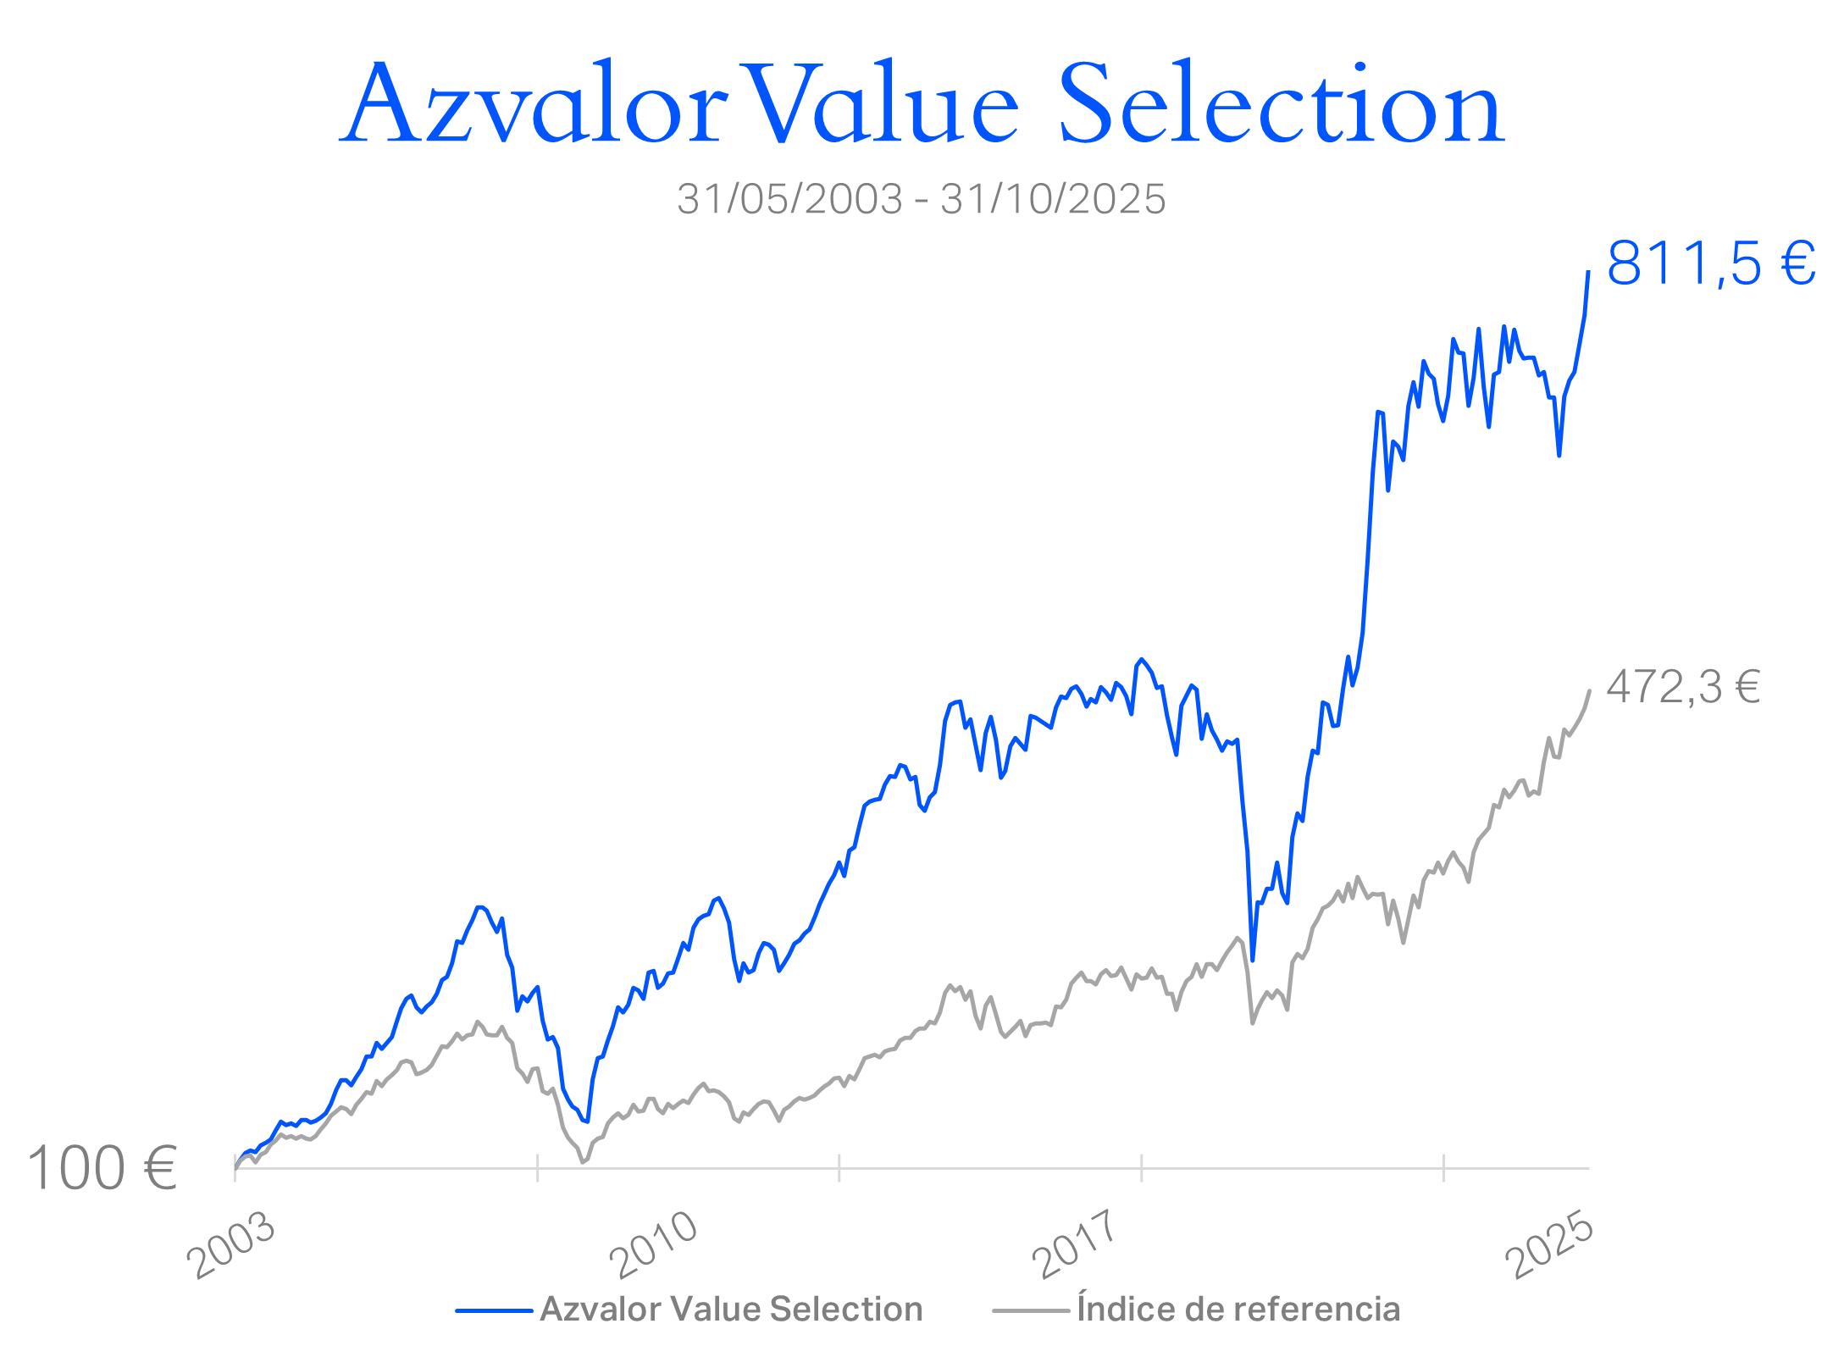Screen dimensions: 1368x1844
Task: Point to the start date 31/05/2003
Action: [x=789, y=199]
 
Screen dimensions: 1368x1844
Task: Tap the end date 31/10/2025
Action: [x=1053, y=199]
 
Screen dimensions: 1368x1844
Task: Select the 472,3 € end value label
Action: [x=1683, y=687]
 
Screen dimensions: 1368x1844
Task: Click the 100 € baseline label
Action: [x=102, y=1169]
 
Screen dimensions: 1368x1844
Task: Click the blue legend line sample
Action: [x=494, y=1311]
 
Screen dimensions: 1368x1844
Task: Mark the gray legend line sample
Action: [x=1031, y=1311]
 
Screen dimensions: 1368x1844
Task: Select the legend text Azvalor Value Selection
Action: [x=731, y=1310]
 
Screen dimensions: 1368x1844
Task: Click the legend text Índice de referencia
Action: [x=1238, y=1310]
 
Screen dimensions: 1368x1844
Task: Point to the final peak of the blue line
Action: [x=1588, y=272]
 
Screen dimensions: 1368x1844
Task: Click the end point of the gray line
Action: [x=1590, y=691]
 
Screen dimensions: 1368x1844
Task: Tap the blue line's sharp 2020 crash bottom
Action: [x=1253, y=960]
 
